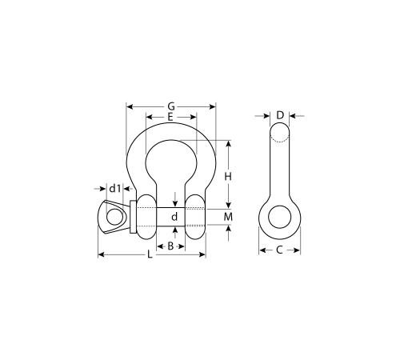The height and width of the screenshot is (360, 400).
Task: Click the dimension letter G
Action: pyautogui.click(x=171, y=106)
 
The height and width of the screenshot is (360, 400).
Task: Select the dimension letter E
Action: pyautogui.click(x=170, y=117)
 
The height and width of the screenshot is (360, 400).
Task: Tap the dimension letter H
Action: pyautogui.click(x=228, y=176)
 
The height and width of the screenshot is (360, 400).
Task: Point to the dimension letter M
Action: pyautogui.click(x=228, y=217)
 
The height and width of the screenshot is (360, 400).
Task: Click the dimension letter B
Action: pyautogui.click(x=170, y=246)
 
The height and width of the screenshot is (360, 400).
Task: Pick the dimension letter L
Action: pyautogui.click(x=150, y=254)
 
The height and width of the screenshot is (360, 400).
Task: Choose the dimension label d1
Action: pyautogui.click(x=115, y=189)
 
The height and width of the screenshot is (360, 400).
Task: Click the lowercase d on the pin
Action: pyautogui.click(x=174, y=217)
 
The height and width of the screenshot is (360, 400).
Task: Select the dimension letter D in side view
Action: pyautogui.click(x=280, y=116)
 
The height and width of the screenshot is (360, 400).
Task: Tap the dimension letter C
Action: pyautogui.click(x=279, y=250)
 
